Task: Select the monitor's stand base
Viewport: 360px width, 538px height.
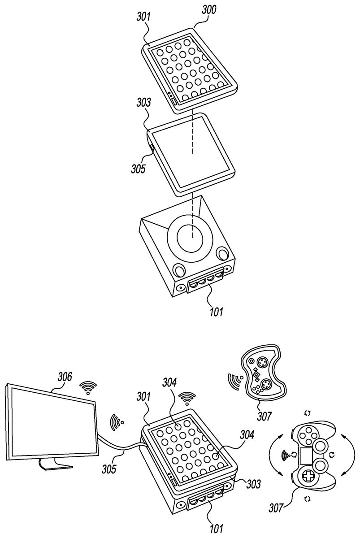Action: pyautogui.click(x=56, y=467)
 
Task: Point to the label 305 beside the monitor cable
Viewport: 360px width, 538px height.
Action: pyautogui.click(x=108, y=469)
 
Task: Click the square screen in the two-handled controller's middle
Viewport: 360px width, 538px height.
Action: pyautogui.click(x=307, y=456)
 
